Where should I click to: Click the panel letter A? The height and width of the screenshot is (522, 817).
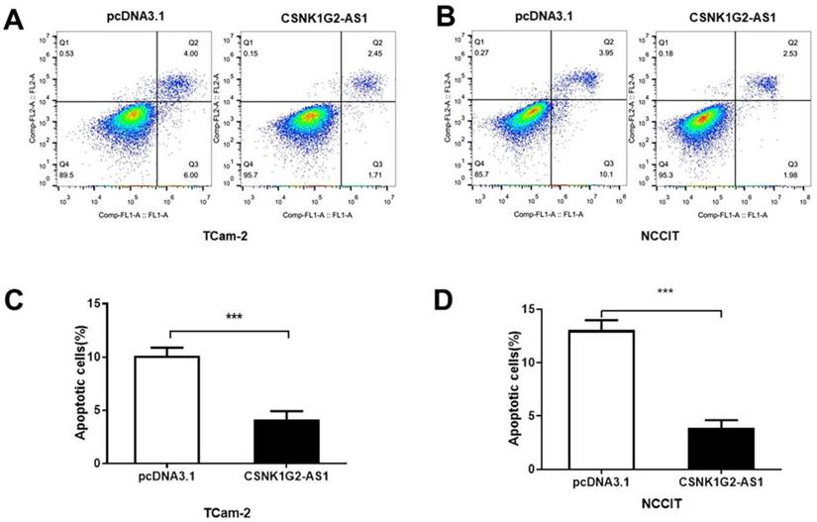pyautogui.click(x=14, y=18)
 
